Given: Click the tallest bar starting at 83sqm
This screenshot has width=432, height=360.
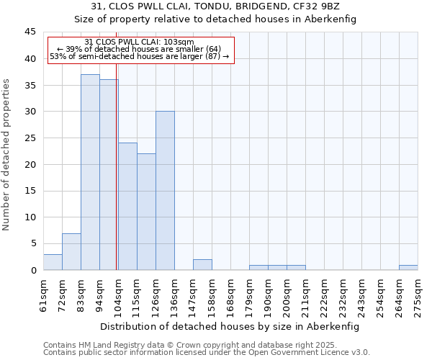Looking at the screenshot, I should [x=90, y=172].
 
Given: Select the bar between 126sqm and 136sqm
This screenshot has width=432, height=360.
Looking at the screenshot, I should [x=165, y=191].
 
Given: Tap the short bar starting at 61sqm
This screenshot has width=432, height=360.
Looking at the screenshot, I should [x=53, y=262].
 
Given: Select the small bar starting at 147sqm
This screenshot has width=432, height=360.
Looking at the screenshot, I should [x=202, y=265].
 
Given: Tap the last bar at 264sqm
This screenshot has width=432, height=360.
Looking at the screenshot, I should [x=408, y=268].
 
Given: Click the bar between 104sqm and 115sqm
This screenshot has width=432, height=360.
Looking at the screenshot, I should [x=127, y=207].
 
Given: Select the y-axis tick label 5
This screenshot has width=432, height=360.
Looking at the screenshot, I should [x=32, y=243].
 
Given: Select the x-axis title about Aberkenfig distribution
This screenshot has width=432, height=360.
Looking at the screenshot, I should [x=229, y=326].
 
